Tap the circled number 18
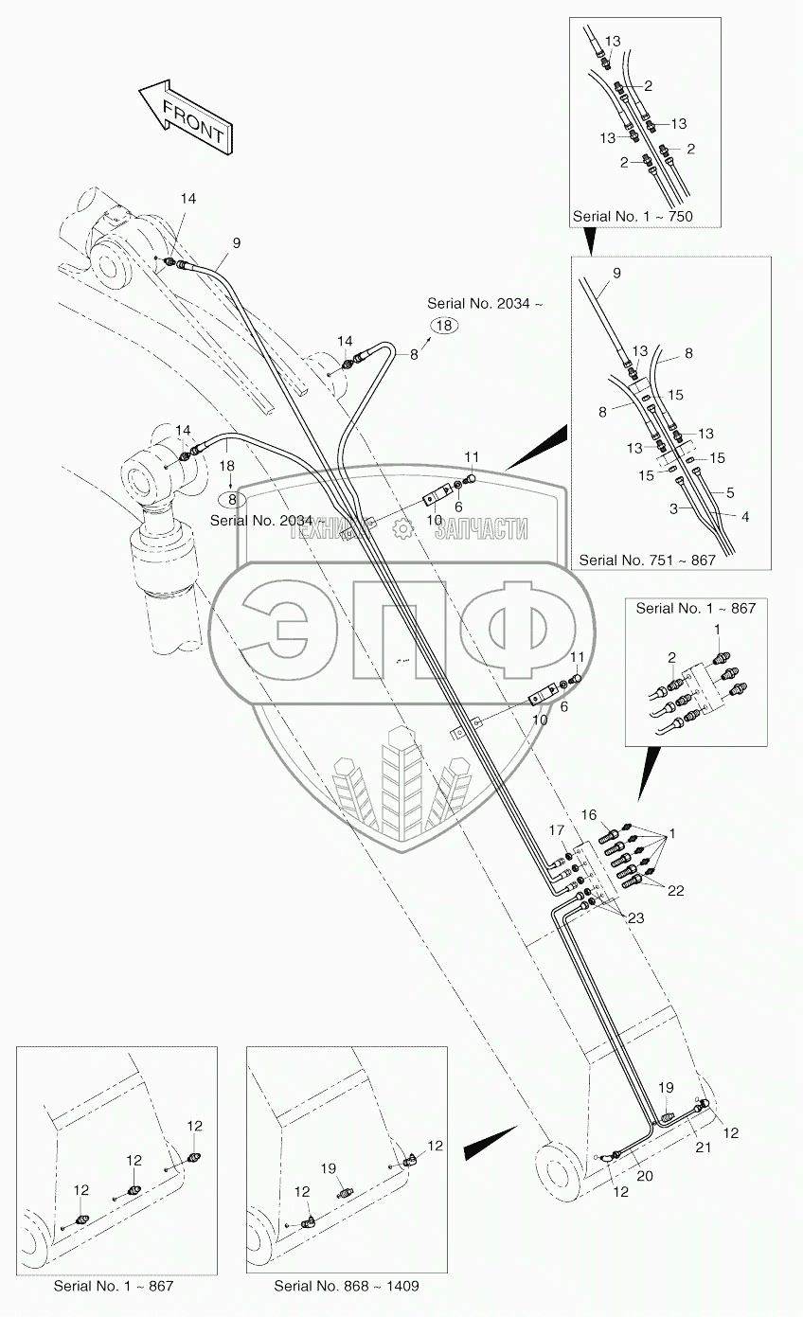445,325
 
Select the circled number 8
227,499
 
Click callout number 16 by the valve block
588,815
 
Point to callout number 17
558,831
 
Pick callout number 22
675,891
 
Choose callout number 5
730,492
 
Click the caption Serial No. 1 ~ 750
632,217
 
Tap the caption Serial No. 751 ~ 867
647,560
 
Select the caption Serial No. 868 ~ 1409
346,1286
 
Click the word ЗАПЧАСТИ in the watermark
480,529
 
